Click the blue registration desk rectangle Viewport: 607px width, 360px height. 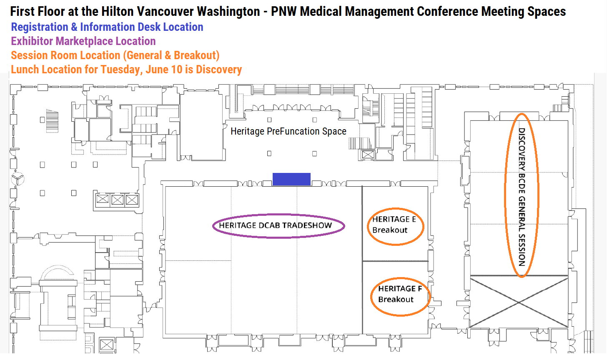[291, 179]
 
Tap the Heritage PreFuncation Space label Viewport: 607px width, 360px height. [288, 131]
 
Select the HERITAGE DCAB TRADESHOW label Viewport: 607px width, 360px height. [275, 225]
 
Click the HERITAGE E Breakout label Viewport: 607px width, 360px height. [394, 225]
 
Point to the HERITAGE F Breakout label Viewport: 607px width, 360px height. [400, 294]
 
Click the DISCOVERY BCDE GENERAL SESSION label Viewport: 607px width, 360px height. [522, 197]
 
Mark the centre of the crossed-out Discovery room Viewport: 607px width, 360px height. [519, 302]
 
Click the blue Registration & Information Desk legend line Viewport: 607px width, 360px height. [107, 27]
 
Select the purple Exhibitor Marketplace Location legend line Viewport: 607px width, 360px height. [83, 41]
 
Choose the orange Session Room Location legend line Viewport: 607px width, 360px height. [115, 55]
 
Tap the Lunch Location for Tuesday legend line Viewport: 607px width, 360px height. [126, 70]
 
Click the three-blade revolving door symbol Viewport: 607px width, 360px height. [18, 179]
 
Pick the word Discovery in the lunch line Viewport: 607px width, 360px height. [219, 70]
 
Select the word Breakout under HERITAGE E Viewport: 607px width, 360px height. [390, 230]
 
